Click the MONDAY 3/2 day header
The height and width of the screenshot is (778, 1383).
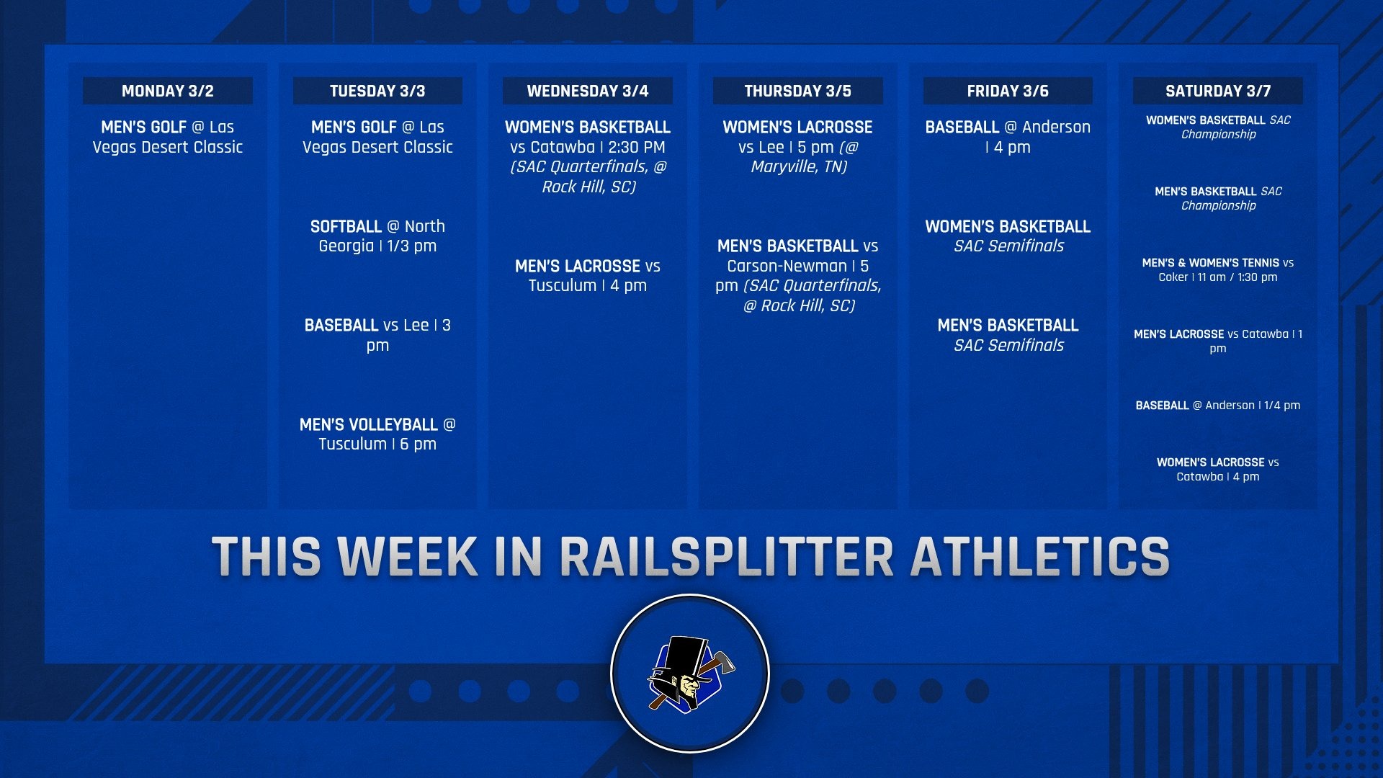(167, 91)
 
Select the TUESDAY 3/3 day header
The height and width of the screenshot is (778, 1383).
(377, 91)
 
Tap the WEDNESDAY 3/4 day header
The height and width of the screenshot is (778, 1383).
(587, 91)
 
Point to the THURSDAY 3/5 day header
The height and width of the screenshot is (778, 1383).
(797, 91)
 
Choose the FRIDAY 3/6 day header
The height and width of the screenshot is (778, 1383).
(1007, 91)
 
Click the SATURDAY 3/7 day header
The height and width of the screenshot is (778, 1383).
(1217, 91)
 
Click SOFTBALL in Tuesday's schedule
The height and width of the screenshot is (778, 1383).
(346, 226)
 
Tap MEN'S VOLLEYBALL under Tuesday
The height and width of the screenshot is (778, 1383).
(368, 424)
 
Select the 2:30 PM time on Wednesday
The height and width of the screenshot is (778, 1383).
(636, 147)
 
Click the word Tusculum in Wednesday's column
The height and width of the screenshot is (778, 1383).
(563, 285)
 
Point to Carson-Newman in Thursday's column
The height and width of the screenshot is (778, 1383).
(787, 266)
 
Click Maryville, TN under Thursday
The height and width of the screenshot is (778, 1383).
(799, 166)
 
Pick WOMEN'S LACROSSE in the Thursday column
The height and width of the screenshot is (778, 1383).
(797, 127)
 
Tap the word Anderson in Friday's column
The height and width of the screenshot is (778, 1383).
(1056, 127)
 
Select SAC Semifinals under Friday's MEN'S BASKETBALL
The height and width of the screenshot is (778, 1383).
(1008, 345)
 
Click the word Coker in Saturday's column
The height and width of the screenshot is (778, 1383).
(1173, 277)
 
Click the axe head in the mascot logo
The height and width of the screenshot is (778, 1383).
(722, 661)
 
